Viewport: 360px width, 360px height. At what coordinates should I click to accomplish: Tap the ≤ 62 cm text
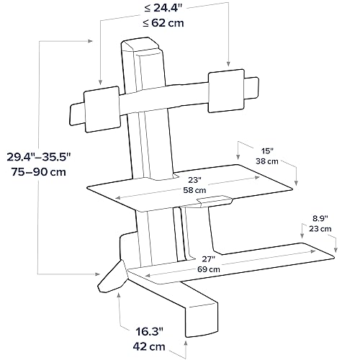163,23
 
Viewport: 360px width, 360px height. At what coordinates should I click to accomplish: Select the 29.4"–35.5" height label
39,157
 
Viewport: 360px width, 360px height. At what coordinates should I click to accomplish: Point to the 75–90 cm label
39,172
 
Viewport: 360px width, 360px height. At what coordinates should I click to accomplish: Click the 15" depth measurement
267,151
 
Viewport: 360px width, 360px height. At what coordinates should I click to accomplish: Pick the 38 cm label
267,161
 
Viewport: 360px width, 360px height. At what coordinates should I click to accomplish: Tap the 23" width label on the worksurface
194,180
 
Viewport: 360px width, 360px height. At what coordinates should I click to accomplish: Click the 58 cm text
194,190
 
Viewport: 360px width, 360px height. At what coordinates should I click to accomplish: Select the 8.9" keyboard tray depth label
320,218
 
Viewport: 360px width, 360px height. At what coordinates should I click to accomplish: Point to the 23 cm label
320,229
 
